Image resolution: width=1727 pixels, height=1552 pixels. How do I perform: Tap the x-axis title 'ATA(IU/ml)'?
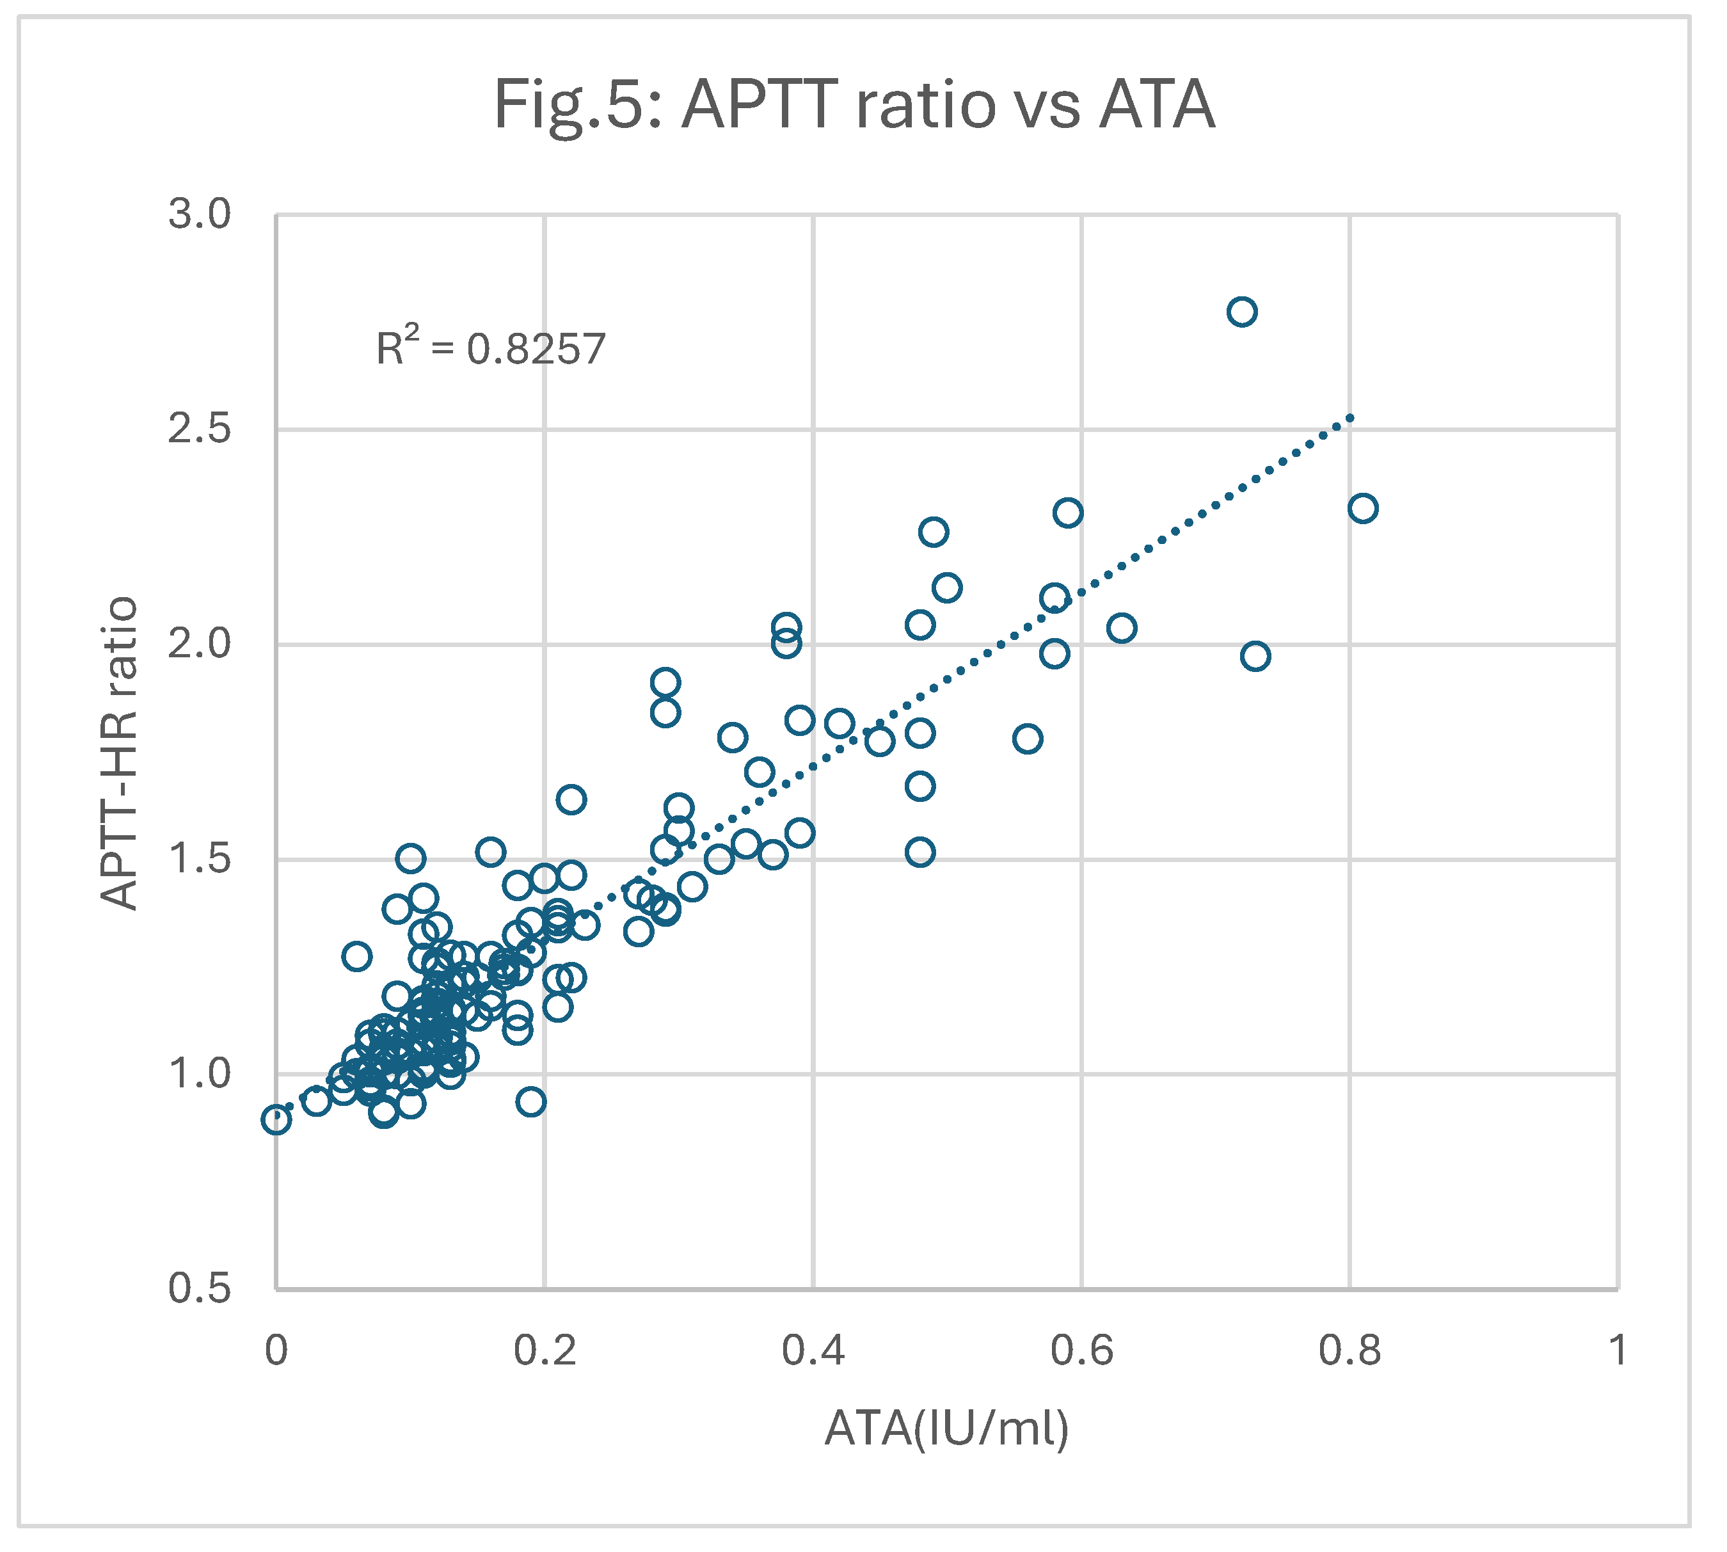[946, 1428]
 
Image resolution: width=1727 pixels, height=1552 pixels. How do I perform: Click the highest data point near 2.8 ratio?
[1242, 312]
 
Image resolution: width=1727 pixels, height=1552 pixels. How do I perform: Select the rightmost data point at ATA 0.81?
[1363, 509]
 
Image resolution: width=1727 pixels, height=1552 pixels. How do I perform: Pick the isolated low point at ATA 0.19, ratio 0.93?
[531, 1101]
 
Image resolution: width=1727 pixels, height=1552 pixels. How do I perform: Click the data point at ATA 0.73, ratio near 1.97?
[1255, 657]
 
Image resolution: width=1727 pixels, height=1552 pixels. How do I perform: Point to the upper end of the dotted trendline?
[1350, 418]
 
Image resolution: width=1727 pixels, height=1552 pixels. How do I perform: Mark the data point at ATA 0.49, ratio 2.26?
[934, 532]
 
